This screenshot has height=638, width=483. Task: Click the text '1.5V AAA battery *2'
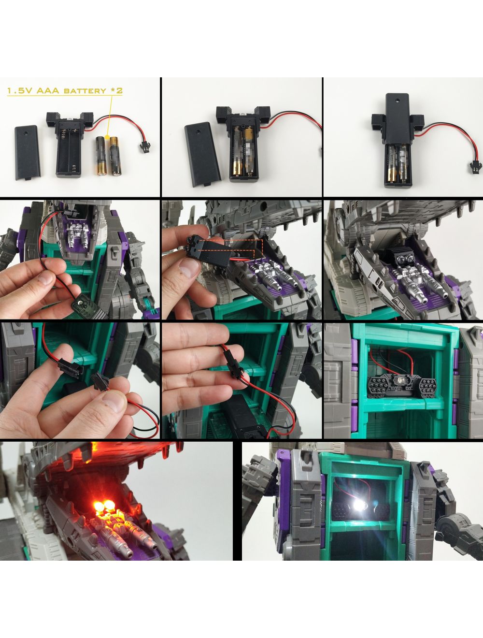click(x=65, y=91)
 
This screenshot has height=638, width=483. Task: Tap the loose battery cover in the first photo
click(x=28, y=153)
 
